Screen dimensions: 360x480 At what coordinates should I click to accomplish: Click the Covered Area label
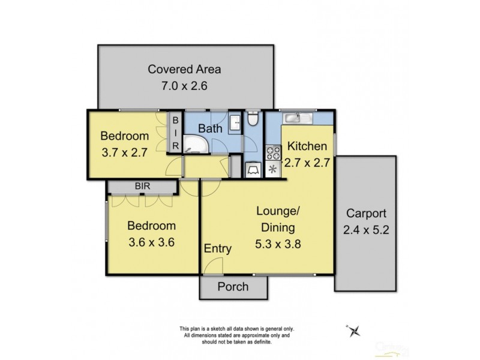(184, 68)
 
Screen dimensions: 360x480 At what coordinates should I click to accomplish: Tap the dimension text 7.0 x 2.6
(184, 85)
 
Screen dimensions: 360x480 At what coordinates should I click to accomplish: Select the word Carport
(365, 213)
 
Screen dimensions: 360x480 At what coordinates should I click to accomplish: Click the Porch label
(233, 286)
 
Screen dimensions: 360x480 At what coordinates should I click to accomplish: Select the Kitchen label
(307, 146)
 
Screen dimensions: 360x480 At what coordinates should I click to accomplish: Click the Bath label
(211, 128)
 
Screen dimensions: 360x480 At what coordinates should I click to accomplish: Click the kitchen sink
(298, 118)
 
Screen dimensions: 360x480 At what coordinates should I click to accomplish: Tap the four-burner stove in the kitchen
(273, 152)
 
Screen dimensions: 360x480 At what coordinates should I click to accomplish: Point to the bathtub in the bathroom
(195, 143)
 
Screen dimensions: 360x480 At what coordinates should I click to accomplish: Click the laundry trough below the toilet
(253, 170)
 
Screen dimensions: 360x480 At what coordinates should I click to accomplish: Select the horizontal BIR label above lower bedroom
(142, 187)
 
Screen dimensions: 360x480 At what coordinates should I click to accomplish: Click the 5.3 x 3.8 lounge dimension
(276, 244)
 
